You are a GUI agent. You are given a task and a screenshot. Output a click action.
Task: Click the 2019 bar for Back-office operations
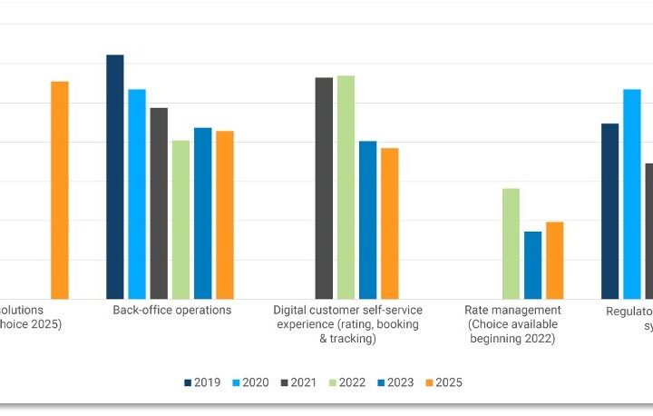tap(115, 177)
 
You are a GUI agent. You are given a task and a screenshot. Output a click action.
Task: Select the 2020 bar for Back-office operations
tap(137, 194)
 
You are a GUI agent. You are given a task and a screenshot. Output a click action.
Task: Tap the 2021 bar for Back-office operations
tap(159, 203)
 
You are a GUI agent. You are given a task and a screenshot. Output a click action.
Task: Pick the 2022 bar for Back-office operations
tap(180, 220)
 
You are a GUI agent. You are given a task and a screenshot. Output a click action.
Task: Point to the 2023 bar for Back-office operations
tap(203, 213)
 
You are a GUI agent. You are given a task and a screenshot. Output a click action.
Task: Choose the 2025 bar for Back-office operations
tap(225, 215)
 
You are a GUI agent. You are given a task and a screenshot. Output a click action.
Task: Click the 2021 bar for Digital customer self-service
tap(324, 188)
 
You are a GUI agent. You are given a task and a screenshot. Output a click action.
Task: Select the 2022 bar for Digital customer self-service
tap(346, 187)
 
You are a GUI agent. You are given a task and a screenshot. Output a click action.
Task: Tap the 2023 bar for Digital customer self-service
tap(367, 220)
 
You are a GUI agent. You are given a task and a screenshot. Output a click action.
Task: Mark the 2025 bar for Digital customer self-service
tap(389, 223)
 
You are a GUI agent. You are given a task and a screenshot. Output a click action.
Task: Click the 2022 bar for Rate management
tap(511, 243)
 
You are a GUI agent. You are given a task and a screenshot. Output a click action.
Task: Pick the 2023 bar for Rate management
tap(532, 265)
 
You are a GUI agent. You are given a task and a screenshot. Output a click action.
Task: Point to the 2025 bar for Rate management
tap(554, 261)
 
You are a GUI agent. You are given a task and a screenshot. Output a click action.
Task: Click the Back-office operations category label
tap(172, 311)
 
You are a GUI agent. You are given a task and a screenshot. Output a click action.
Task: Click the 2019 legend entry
tap(201, 382)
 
